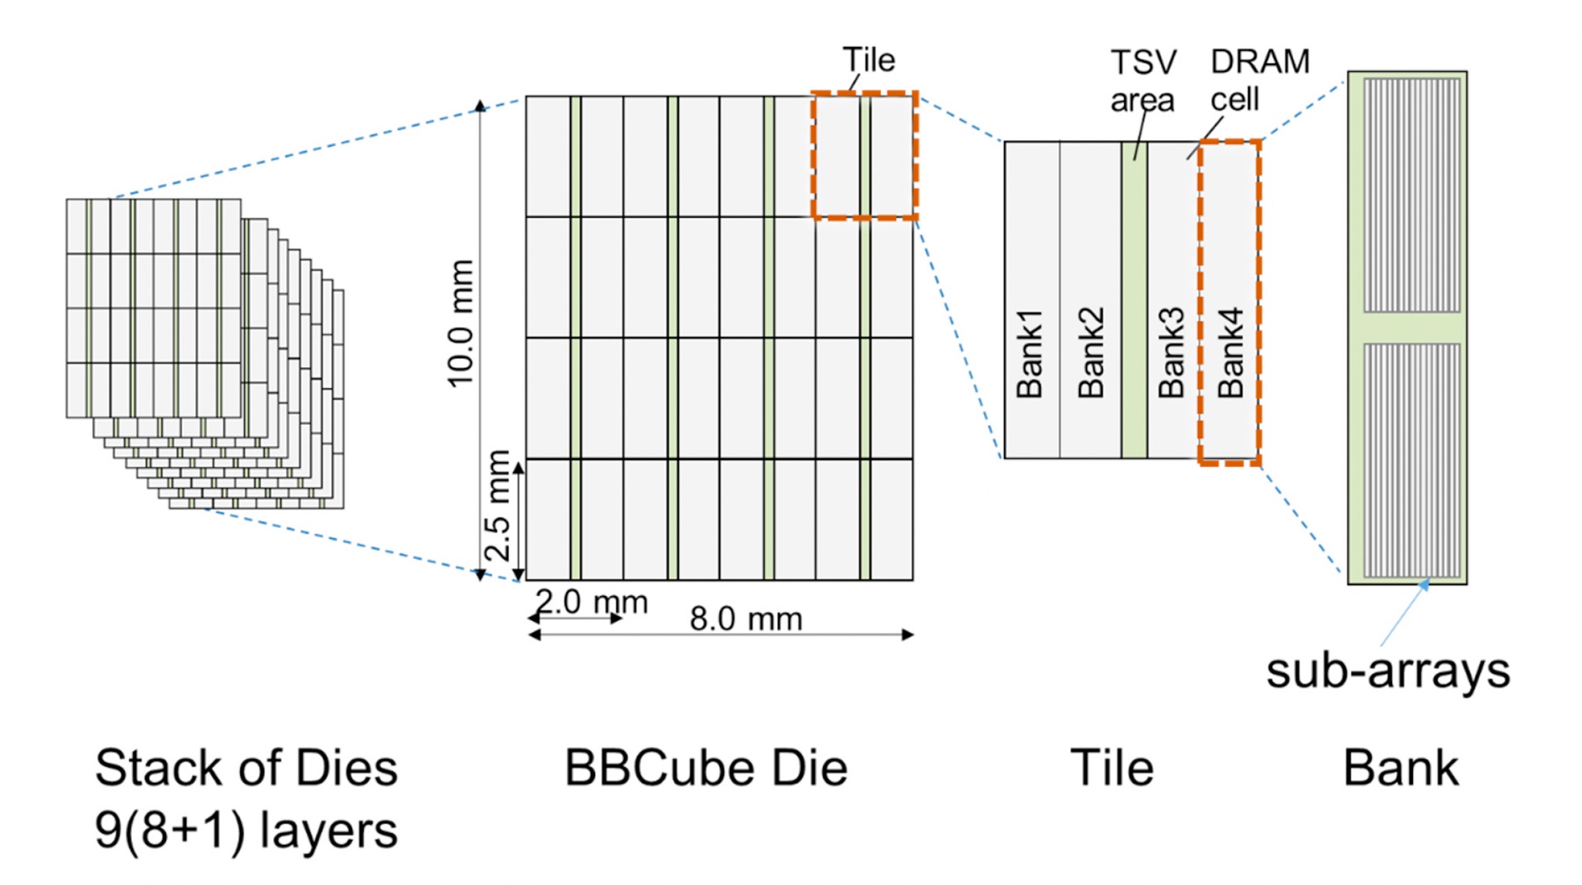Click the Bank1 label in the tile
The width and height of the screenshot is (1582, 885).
pyautogui.click(x=1030, y=354)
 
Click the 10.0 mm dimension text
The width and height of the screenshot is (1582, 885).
pyautogui.click(x=461, y=323)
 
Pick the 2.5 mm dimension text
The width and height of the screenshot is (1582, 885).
pyautogui.click(x=498, y=505)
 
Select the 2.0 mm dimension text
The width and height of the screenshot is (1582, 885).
pyautogui.click(x=592, y=602)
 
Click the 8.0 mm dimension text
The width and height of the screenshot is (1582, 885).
pyautogui.click(x=746, y=619)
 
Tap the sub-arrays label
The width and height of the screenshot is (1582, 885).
pyautogui.click(x=1387, y=670)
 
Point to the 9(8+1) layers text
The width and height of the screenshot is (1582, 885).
pyautogui.click(x=246, y=830)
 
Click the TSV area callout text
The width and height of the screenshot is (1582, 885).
pyautogui.click(x=1143, y=81)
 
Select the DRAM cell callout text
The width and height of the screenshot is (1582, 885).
pyautogui.click(x=1260, y=80)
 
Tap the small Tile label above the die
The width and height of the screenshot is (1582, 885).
pyautogui.click(x=869, y=60)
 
